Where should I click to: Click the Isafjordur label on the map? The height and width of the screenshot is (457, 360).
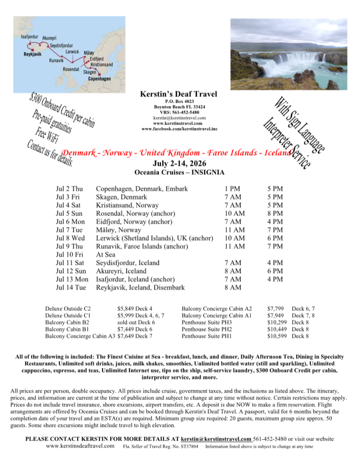(x=30, y=36)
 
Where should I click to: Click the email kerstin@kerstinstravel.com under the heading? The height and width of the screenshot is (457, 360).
(x=180, y=118)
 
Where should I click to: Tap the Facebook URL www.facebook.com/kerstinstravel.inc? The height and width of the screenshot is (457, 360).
(x=180, y=129)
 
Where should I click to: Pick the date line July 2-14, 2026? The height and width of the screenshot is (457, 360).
(x=180, y=163)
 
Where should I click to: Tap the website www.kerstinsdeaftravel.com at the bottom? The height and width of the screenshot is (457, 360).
(x=81, y=446)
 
